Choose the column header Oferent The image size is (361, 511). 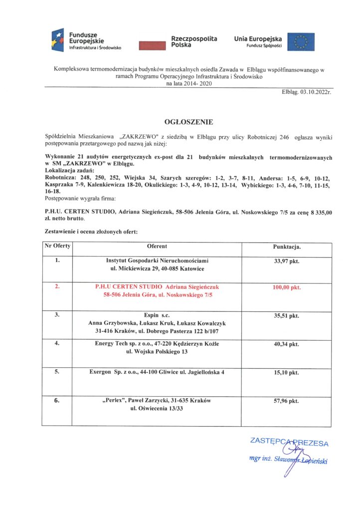point(157,247)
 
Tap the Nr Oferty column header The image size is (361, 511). point(58,247)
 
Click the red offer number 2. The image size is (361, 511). point(57,287)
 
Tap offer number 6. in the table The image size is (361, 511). point(57,400)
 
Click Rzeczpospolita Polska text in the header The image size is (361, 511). point(194,41)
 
